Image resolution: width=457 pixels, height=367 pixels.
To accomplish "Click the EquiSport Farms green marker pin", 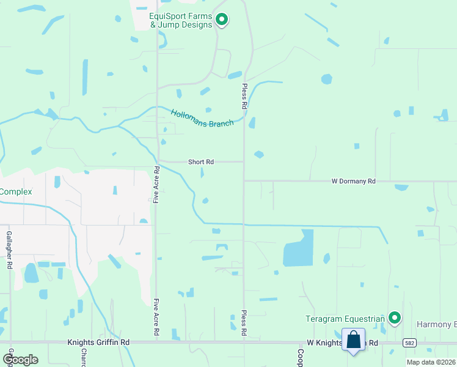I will click(222, 20).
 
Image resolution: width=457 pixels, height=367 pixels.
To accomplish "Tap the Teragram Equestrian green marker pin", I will click(395, 317).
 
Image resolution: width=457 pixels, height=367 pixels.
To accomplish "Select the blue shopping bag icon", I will click(353, 340).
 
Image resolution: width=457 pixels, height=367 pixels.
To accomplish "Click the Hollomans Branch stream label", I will click(202, 118).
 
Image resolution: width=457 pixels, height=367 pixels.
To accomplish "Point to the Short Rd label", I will click(200, 162).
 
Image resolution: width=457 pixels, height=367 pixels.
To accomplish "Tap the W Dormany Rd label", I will click(353, 181).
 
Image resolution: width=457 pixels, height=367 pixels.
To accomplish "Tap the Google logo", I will click(20, 359).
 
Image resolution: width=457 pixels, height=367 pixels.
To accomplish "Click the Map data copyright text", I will click(431, 362).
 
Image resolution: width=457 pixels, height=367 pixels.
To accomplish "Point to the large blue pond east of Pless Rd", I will click(299, 248).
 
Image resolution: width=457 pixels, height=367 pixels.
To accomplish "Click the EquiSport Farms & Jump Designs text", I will click(181, 20).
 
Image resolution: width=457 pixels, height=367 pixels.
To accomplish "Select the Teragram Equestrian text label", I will click(345, 319).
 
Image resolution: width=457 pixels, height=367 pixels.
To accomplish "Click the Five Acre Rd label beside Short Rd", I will click(156, 184).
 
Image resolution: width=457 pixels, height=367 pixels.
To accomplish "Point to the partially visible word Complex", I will click(16, 191).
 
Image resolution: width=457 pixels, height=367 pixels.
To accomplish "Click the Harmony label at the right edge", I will click(436, 324).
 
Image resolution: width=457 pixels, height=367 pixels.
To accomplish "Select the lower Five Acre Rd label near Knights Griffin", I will click(156, 316).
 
